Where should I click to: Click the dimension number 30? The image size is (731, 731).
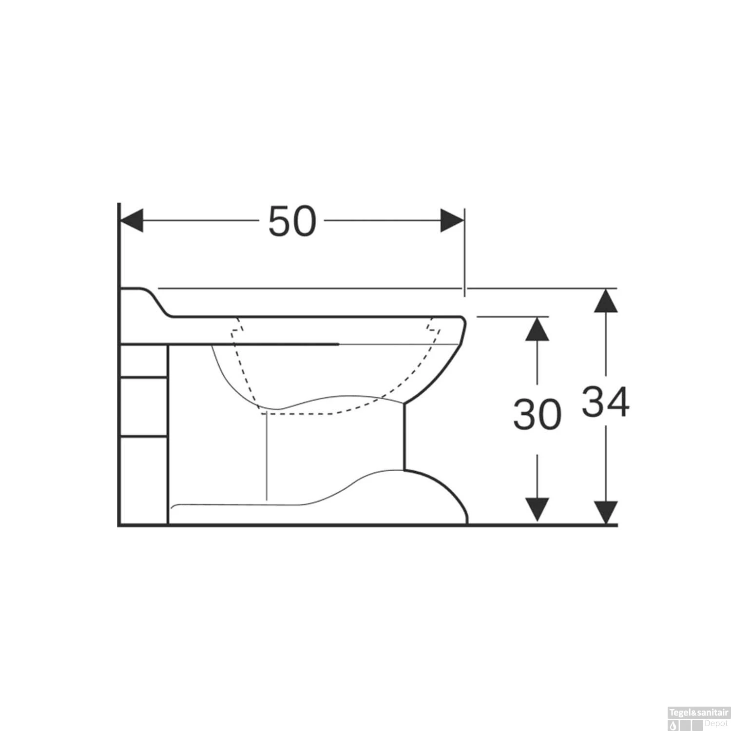pos(537,414)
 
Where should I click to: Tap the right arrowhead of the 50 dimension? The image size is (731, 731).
pos(452,221)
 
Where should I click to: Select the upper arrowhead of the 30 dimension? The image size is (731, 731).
pos(537,329)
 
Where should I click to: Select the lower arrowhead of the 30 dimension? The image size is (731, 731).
pos(537,509)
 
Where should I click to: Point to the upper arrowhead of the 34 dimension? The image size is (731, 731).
pos(606,301)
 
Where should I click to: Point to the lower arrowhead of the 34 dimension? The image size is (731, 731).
pos(606,513)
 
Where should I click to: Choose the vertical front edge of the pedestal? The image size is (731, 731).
pos(404,436)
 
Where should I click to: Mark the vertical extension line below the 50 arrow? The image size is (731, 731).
pos(464,253)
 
